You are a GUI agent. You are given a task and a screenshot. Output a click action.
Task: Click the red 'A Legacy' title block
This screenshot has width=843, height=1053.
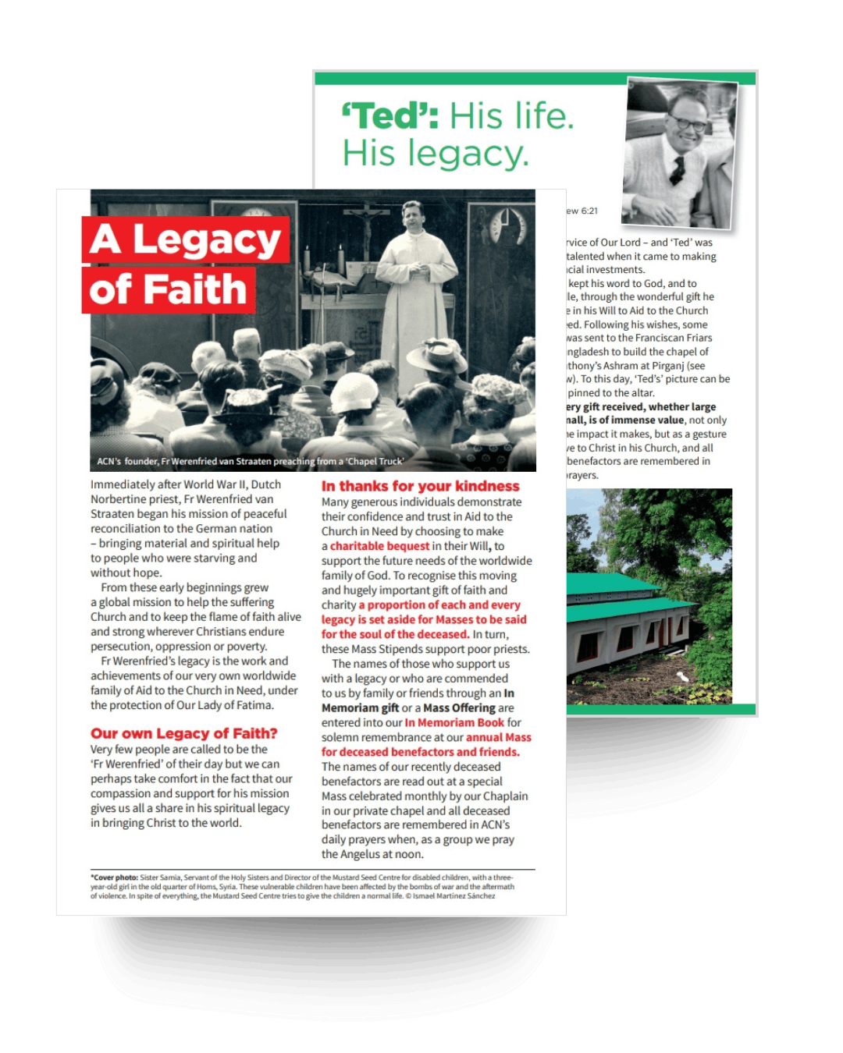tap(186, 239)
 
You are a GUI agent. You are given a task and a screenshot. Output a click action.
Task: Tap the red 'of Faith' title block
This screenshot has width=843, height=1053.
tap(169, 290)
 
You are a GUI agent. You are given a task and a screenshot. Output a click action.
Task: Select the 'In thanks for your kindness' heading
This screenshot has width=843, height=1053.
tap(420, 486)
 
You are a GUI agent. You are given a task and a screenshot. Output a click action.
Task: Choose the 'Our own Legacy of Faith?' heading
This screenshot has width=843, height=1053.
tap(183, 733)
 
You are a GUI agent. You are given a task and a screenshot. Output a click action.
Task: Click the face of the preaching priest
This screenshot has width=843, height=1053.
tap(411, 214)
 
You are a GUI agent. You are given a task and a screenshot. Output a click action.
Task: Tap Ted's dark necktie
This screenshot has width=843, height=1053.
tap(679, 168)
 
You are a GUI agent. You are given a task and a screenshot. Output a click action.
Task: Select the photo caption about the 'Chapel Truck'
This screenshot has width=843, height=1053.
tap(250, 461)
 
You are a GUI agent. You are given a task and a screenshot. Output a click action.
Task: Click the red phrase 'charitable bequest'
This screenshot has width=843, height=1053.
tap(379, 546)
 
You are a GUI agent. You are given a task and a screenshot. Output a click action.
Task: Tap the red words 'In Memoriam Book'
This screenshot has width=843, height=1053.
tap(454, 722)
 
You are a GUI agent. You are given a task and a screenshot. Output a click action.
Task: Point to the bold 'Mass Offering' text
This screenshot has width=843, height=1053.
tap(459, 707)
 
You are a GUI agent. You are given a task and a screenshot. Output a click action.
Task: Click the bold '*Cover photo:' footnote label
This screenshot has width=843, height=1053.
tap(115, 877)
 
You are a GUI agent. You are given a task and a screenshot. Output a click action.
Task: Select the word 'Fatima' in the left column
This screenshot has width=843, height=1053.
tap(254, 705)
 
